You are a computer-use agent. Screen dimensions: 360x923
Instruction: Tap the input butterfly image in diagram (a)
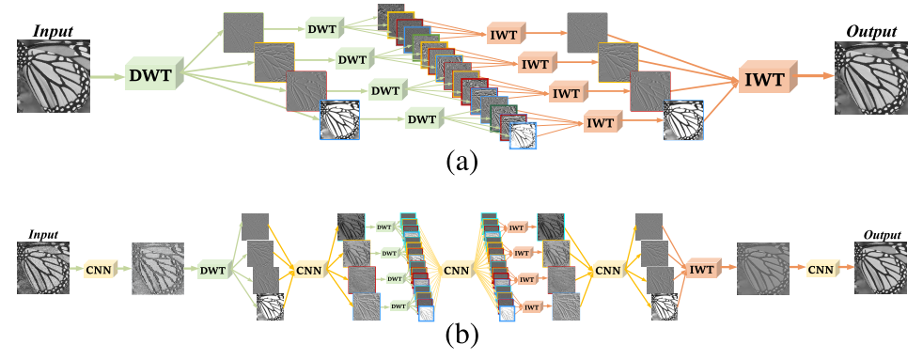coord(53,77)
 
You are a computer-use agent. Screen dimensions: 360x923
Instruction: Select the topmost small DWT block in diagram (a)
coord(327,30)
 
